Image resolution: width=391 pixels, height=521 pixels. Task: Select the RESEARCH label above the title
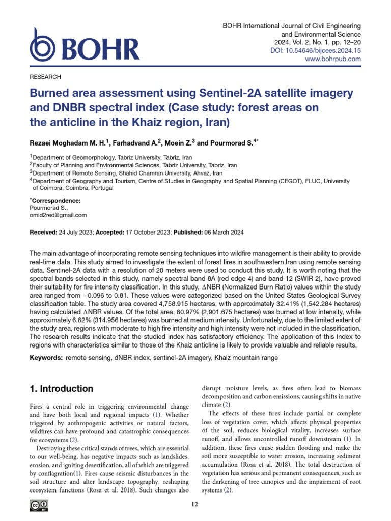pos(46,77)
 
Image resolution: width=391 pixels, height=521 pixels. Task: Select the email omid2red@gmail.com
pos(59,215)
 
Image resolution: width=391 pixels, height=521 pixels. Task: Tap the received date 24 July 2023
pos(75,233)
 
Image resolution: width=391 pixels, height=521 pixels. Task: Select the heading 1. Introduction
pos(62,389)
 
